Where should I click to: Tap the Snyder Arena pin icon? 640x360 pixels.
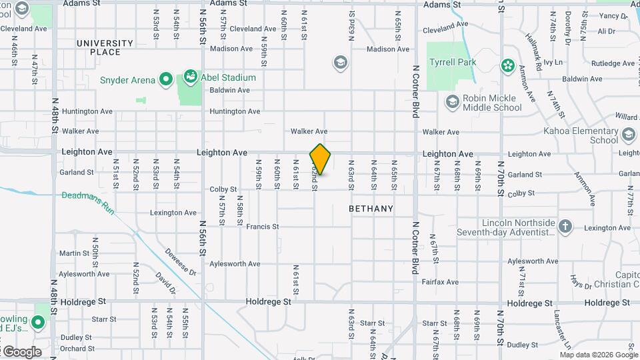pyautogui.click(x=166, y=81)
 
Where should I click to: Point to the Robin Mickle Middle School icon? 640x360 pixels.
pyautogui.click(x=453, y=102)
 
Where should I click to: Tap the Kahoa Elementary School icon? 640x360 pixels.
pyautogui.click(x=628, y=136)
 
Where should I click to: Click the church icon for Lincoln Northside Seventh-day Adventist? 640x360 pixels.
pyautogui.click(x=565, y=227)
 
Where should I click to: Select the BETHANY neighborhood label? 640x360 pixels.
pyautogui.click(x=371, y=209)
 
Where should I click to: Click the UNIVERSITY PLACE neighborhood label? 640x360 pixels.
pyautogui.click(x=105, y=47)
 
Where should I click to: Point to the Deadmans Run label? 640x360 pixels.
pyautogui.click(x=89, y=202)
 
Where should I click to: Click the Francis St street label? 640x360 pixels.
pyautogui.click(x=262, y=227)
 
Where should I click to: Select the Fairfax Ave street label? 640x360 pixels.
pyautogui.click(x=440, y=282)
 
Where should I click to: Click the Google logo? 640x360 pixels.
pyautogui.click(x=21, y=352)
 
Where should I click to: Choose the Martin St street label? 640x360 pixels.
pyautogui.click(x=74, y=253)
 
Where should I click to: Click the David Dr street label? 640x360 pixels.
pyautogui.click(x=165, y=283)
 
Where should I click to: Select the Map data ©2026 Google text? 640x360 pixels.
pyautogui.click(x=589, y=355)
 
